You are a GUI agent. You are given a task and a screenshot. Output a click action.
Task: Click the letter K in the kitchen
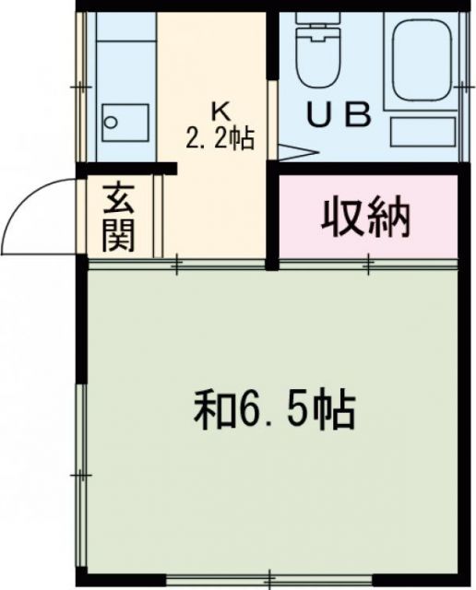point(220,110)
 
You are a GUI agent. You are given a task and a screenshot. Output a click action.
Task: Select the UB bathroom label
point(339,114)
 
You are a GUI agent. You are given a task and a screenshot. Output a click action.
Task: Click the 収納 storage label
point(366,218)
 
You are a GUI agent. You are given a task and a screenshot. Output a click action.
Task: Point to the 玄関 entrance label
point(120,218)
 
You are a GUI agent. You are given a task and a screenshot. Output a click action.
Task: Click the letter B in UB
point(358,114)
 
